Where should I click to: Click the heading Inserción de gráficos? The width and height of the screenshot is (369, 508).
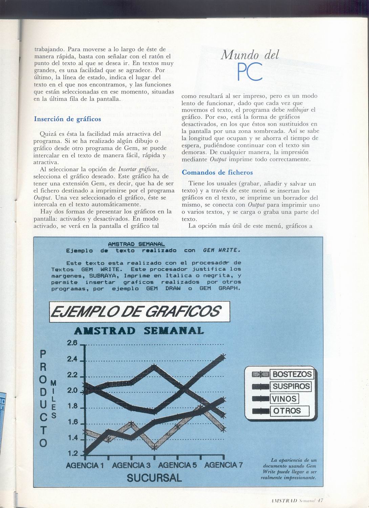[67, 119]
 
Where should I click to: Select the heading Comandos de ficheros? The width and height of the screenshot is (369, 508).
[217, 172]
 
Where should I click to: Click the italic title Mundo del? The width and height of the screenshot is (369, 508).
[250, 54]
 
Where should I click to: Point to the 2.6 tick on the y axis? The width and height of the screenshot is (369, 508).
[72, 343]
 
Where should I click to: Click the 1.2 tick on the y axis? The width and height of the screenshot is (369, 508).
[73, 453]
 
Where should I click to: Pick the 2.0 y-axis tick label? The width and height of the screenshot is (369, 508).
[72, 390]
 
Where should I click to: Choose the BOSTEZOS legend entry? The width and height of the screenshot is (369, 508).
[292, 374]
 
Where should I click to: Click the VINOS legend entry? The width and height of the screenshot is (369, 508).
[284, 399]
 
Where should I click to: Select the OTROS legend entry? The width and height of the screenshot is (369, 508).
[286, 411]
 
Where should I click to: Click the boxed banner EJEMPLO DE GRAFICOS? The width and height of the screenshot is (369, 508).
[139, 311]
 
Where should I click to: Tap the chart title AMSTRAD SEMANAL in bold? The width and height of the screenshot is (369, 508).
[139, 331]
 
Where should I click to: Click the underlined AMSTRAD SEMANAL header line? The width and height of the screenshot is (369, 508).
[136, 244]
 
